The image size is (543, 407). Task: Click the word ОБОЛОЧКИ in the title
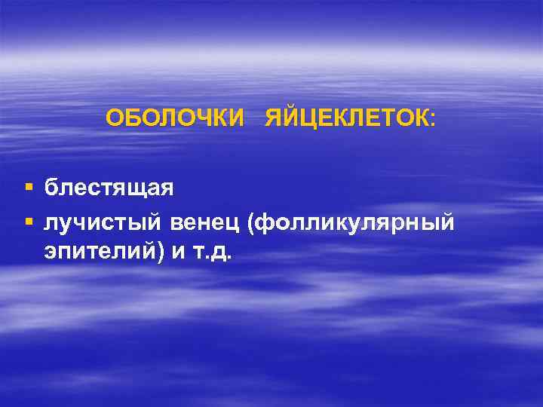tap(175, 118)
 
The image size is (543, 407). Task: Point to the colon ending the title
tap(432, 120)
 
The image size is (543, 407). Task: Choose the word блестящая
tap(109, 186)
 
